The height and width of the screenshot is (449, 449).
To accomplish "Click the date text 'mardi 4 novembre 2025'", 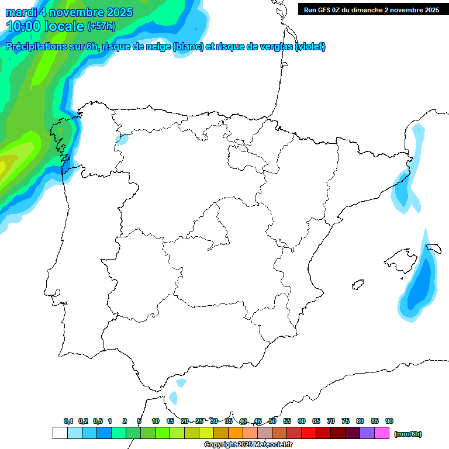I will point(69,12).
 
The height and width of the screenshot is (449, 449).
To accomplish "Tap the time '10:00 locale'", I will point(45,26).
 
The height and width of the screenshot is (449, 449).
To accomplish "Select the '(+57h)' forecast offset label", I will point(101,26).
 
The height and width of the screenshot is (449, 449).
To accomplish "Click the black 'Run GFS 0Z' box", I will point(371,9).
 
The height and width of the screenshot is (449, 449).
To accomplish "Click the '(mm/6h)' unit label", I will point(407,434).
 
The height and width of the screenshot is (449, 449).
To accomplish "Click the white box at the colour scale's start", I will point(60,433).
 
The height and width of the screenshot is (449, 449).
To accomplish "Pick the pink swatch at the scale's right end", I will point(382,433).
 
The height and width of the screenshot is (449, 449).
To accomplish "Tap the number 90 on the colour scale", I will point(389,422).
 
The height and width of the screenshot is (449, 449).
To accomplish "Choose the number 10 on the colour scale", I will point(156,422).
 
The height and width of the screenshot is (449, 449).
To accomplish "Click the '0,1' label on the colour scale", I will point(68,422).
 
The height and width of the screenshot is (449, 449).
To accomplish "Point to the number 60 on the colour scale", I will point(302,422).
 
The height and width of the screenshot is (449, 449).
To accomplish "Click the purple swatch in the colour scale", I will point(367,433).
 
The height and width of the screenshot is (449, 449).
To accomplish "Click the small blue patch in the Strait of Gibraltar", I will point(173,398).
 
